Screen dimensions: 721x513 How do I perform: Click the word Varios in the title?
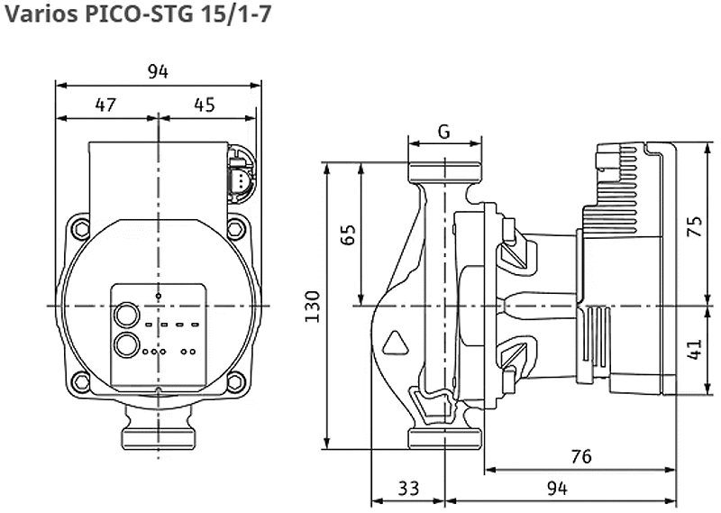(41, 14)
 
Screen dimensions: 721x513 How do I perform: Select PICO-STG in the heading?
(140, 14)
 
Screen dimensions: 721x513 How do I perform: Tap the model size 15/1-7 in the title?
(235, 14)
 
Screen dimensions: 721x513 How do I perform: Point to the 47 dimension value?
(105, 105)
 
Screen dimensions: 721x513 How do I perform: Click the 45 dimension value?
(205, 105)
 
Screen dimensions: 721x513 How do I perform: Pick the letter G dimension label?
(443, 132)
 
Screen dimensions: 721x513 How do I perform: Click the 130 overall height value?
(312, 307)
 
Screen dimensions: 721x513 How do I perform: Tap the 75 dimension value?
(695, 225)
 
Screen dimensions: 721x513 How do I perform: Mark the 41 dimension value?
(695, 349)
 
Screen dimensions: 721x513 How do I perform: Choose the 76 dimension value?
(581, 456)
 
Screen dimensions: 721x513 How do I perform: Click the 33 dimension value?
(408, 488)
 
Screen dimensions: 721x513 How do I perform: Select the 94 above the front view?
(158, 71)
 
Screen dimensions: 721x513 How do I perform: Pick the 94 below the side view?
(557, 488)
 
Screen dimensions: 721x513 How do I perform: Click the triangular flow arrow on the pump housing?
(396, 344)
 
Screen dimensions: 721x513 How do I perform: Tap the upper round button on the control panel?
(126, 316)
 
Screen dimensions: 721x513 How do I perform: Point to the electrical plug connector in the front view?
(242, 173)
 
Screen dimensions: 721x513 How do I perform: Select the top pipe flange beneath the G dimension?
(445, 171)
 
